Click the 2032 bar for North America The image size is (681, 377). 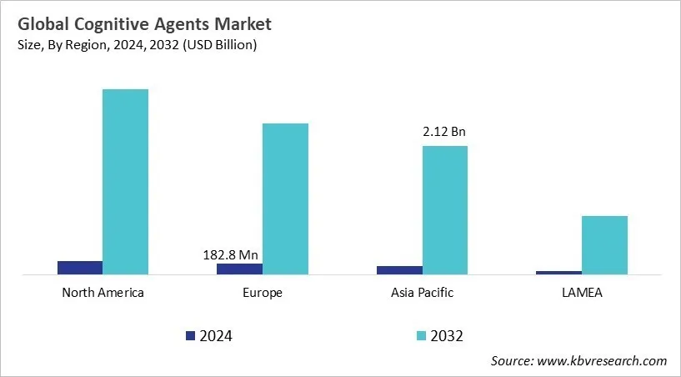tap(125, 181)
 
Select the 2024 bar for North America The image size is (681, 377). tap(80, 267)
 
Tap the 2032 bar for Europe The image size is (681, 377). tap(285, 199)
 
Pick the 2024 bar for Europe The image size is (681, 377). tap(239, 269)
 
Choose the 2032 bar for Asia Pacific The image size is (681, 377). tap(444, 209)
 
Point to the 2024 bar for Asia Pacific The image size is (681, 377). tap(399, 269)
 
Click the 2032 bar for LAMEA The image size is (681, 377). tap(604, 244)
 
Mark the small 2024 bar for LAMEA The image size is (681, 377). tap(558, 272)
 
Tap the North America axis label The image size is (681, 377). tap(103, 293)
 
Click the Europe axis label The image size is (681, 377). tap(263, 293)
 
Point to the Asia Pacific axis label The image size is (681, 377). tap(422, 293)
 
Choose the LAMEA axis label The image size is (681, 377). tap(582, 293)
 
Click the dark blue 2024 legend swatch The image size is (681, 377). tap(190, 335)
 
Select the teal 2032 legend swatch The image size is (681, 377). tap(421, 335)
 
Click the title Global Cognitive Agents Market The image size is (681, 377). tap(142, 24)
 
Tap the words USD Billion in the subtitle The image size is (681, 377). tap(220, 45)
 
